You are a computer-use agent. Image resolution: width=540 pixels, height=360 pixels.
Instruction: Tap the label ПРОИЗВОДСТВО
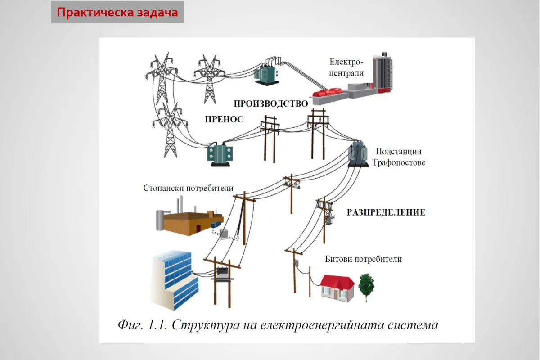tap(270, 103)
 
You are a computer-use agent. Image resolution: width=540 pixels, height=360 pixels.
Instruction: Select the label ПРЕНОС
tap(224, 119)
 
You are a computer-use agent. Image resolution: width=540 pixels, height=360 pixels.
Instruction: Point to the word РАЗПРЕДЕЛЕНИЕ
tap(386, 212)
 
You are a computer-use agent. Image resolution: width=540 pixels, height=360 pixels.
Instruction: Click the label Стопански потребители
tap(188, 188)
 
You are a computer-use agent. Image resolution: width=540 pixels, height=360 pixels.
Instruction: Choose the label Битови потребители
tap(363, 259)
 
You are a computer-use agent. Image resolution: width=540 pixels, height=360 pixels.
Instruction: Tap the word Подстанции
tap(399, 152)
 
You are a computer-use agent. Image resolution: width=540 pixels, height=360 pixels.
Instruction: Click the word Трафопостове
tap(399, 162)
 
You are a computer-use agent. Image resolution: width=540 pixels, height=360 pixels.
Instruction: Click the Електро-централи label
tap(346, 67)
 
